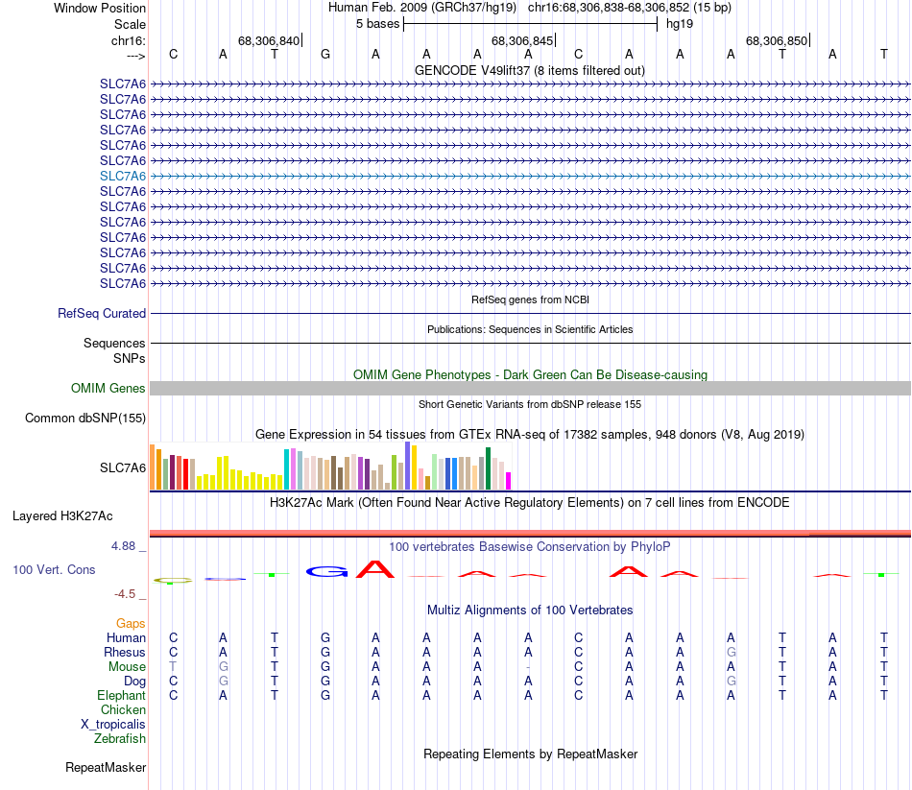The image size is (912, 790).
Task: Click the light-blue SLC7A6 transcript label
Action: click(x=123, y=176)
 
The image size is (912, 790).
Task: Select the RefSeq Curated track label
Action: click(x=102, y=313)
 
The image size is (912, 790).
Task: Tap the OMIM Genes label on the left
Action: click(x=108, y=388)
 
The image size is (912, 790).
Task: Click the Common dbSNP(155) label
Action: click(x=85, y=418)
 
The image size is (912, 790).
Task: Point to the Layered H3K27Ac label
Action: click(x=79, y=515)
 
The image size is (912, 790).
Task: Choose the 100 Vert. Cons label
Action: click(x=54, y=569)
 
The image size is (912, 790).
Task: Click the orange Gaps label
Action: click(x=131, y=624)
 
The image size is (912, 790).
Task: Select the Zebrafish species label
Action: click(x=120, y=738)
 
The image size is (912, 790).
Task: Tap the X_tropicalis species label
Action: click(x=113, y=724)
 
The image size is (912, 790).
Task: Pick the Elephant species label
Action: click(x=121, y=695)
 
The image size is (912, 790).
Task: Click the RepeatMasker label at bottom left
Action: click(x=106, y=767)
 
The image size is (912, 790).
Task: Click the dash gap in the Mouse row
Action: click(x=528, y=667)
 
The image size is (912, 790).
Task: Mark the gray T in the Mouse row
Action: click(x=173, y=667)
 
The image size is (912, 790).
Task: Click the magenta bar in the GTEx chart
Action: click(x=509, y=480)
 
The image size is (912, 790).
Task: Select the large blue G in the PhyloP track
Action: click(x=327, y=572)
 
